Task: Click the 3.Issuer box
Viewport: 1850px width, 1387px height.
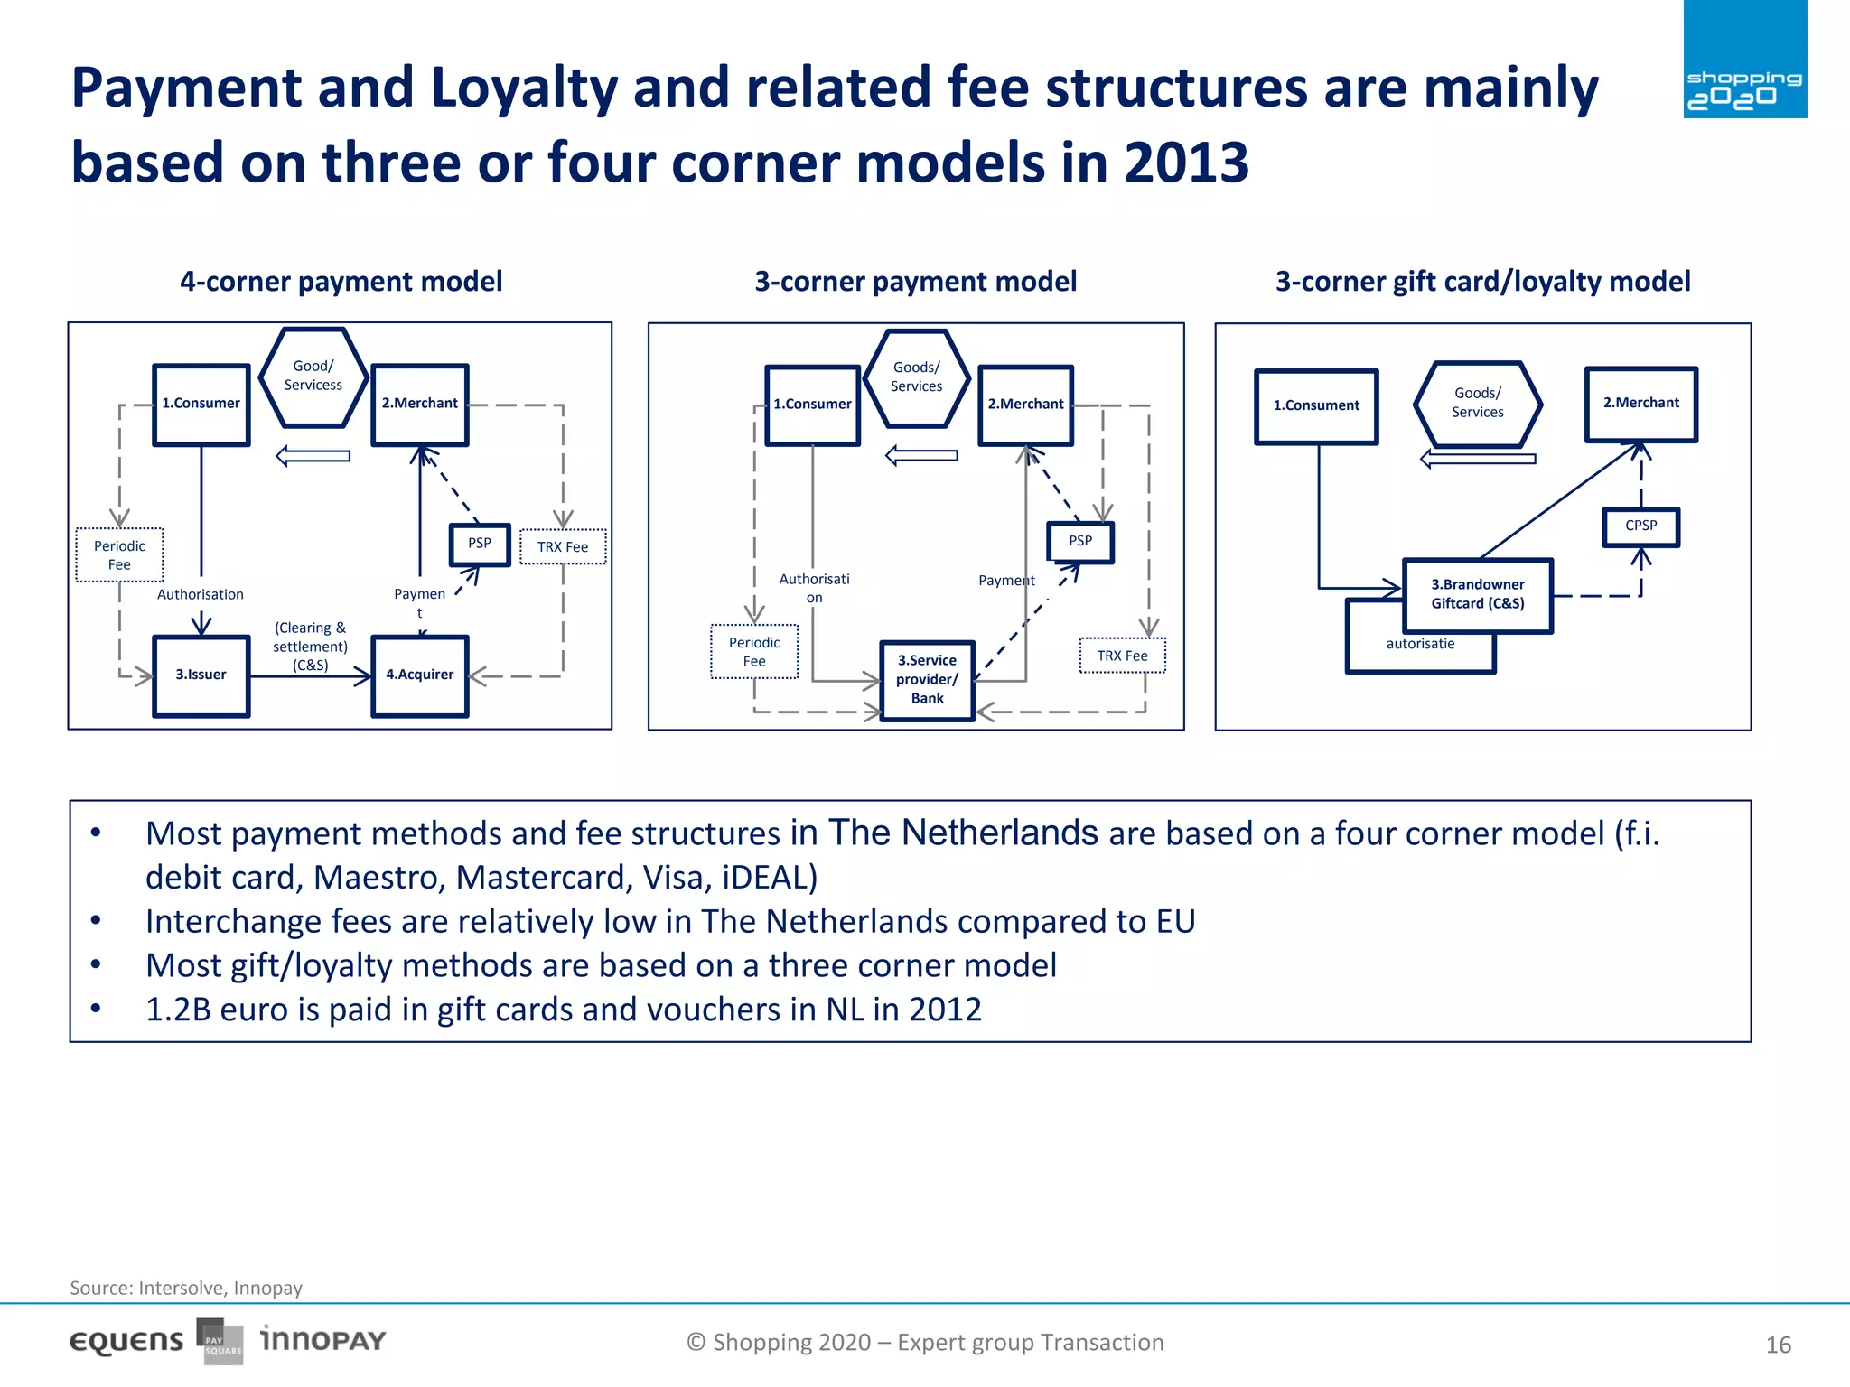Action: click(x=201, y=675)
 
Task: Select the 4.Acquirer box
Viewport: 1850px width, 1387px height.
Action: click(x=419, y=675)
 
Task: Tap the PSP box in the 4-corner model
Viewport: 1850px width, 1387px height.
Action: click(x=480, y=544)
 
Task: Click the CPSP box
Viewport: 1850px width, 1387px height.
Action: click(x=1640, y=526)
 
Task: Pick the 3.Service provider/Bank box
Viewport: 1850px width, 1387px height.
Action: click(x=927, y=680)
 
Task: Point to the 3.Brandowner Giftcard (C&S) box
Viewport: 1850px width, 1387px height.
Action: click(x=1477, y=595)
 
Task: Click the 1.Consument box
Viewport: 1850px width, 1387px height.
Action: click(x=1316, y=406)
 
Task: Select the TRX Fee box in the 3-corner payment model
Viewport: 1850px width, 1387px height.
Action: click(x=1122, y=656)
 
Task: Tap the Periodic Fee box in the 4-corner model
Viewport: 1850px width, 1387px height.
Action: click(x=119, y=555)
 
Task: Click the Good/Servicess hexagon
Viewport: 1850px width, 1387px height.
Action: click(x=313, y=377)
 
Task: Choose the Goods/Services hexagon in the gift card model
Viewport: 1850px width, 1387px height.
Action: click(x=1477, y=403)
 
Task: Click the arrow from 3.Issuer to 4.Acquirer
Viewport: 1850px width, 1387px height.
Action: click(x=310, y=675)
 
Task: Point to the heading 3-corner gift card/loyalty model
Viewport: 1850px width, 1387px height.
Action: click(x=1482, y=282)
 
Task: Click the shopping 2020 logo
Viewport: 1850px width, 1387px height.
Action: click(x=1744, y=61)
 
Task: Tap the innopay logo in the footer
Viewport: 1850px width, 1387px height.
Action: click(x=323, y=1340)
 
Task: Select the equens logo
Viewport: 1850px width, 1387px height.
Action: click(x=126, y=1342)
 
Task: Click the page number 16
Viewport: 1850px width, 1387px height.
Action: click(x=1778, y=1345)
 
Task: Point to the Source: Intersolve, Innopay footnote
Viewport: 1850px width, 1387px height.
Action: click(x=186, y=1288)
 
